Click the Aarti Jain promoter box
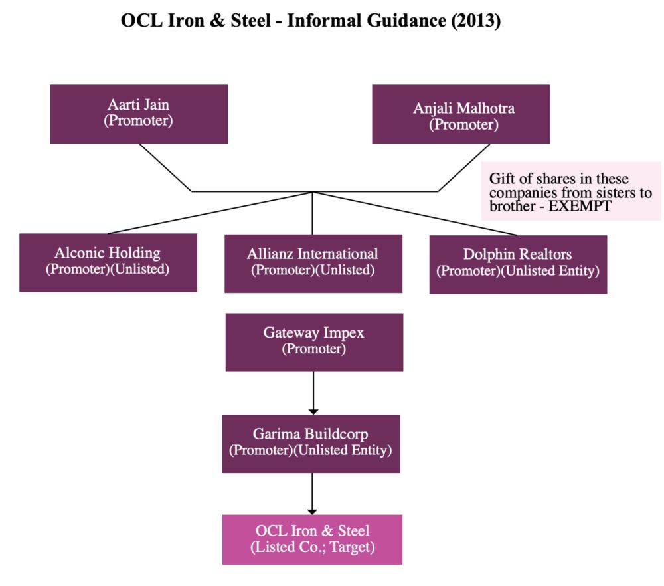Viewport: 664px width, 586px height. pos(139,114)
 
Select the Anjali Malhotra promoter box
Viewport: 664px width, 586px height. pos(461,114)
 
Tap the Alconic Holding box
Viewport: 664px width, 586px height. pos(108,262)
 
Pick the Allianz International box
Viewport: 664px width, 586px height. pos(313,263)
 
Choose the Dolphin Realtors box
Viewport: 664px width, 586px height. pos(518,264)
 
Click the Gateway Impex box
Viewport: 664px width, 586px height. pos(314,342)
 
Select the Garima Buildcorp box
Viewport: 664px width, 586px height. pos(311,443)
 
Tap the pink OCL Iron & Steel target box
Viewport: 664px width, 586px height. pos(312,539)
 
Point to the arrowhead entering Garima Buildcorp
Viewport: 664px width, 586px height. pos(314,411)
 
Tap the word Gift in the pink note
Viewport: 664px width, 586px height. pos(501,179)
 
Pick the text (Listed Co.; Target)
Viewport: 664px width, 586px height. pos(312,547)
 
